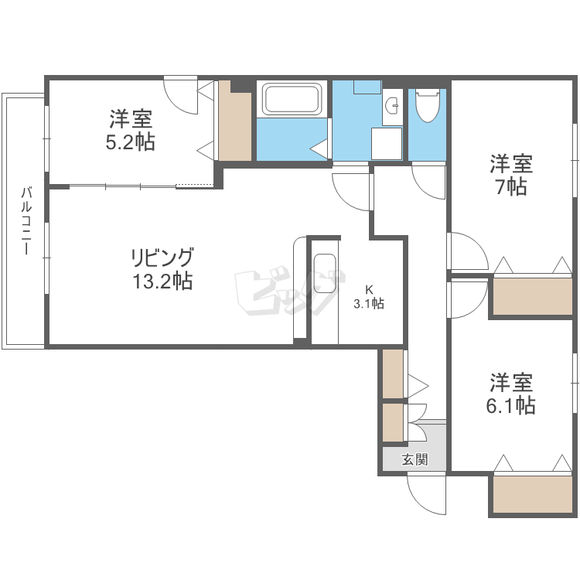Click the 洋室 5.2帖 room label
coord(131,130)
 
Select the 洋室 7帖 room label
coord(510,175)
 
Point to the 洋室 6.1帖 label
coord(510,394)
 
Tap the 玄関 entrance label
coord(414,459)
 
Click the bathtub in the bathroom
coord(292,100)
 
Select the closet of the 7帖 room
coord(531,296)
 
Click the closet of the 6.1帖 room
coord(531,495)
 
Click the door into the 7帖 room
coord(467,251)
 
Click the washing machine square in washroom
coord(386,143)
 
